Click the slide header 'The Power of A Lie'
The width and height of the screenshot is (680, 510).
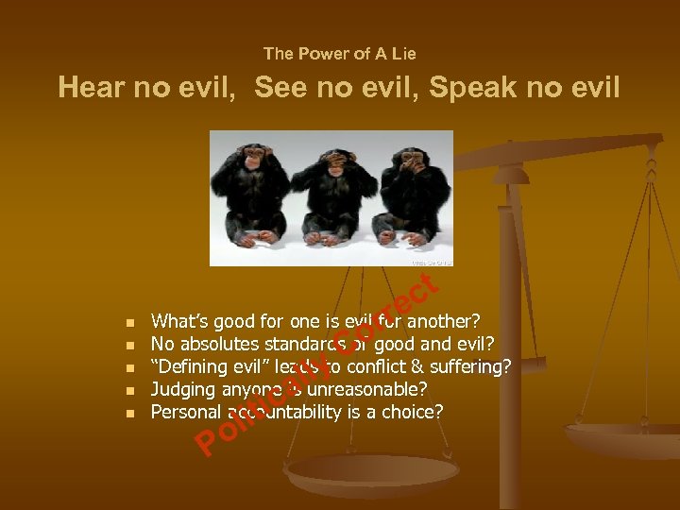click(x=339, y=54)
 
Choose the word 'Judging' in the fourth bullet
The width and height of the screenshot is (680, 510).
click(x=183, y=390)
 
